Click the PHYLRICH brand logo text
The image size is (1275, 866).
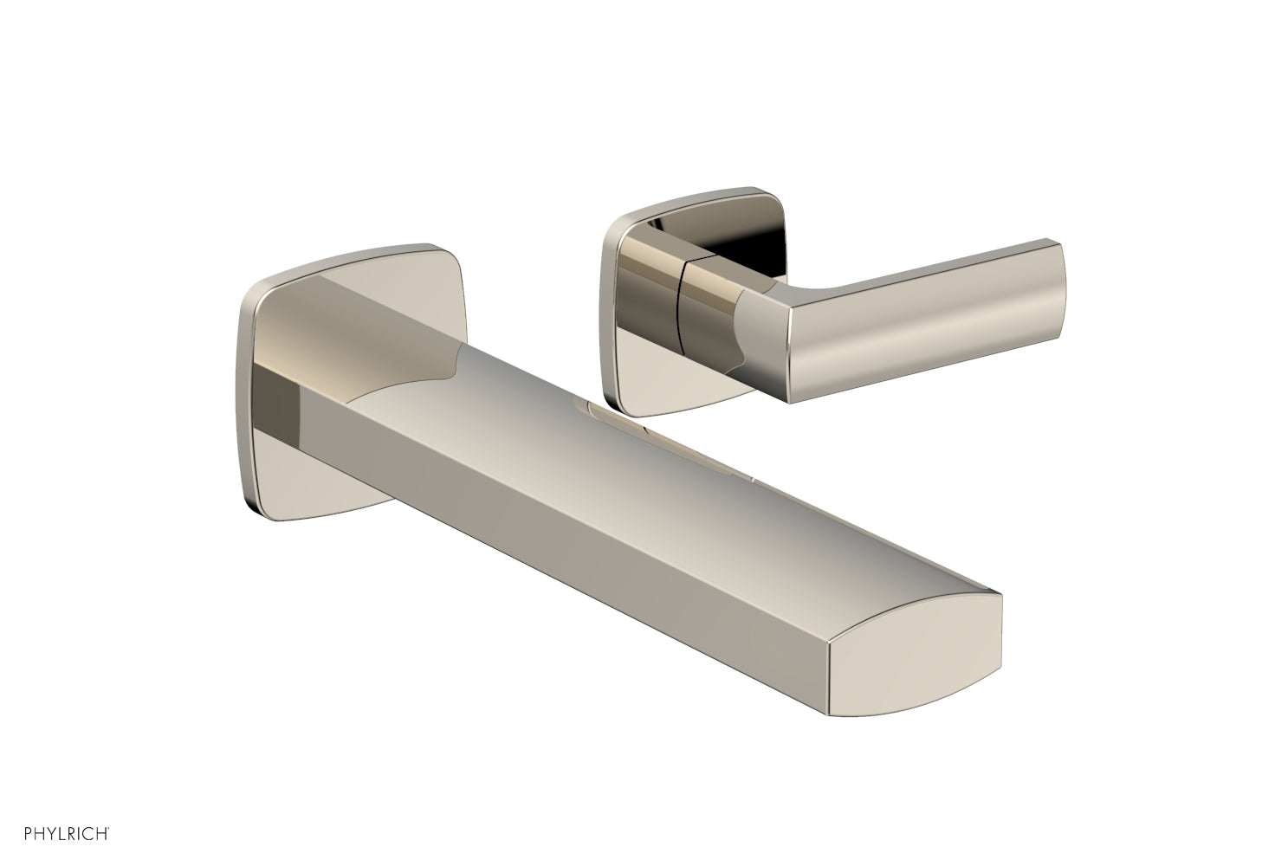click(59, 834)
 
